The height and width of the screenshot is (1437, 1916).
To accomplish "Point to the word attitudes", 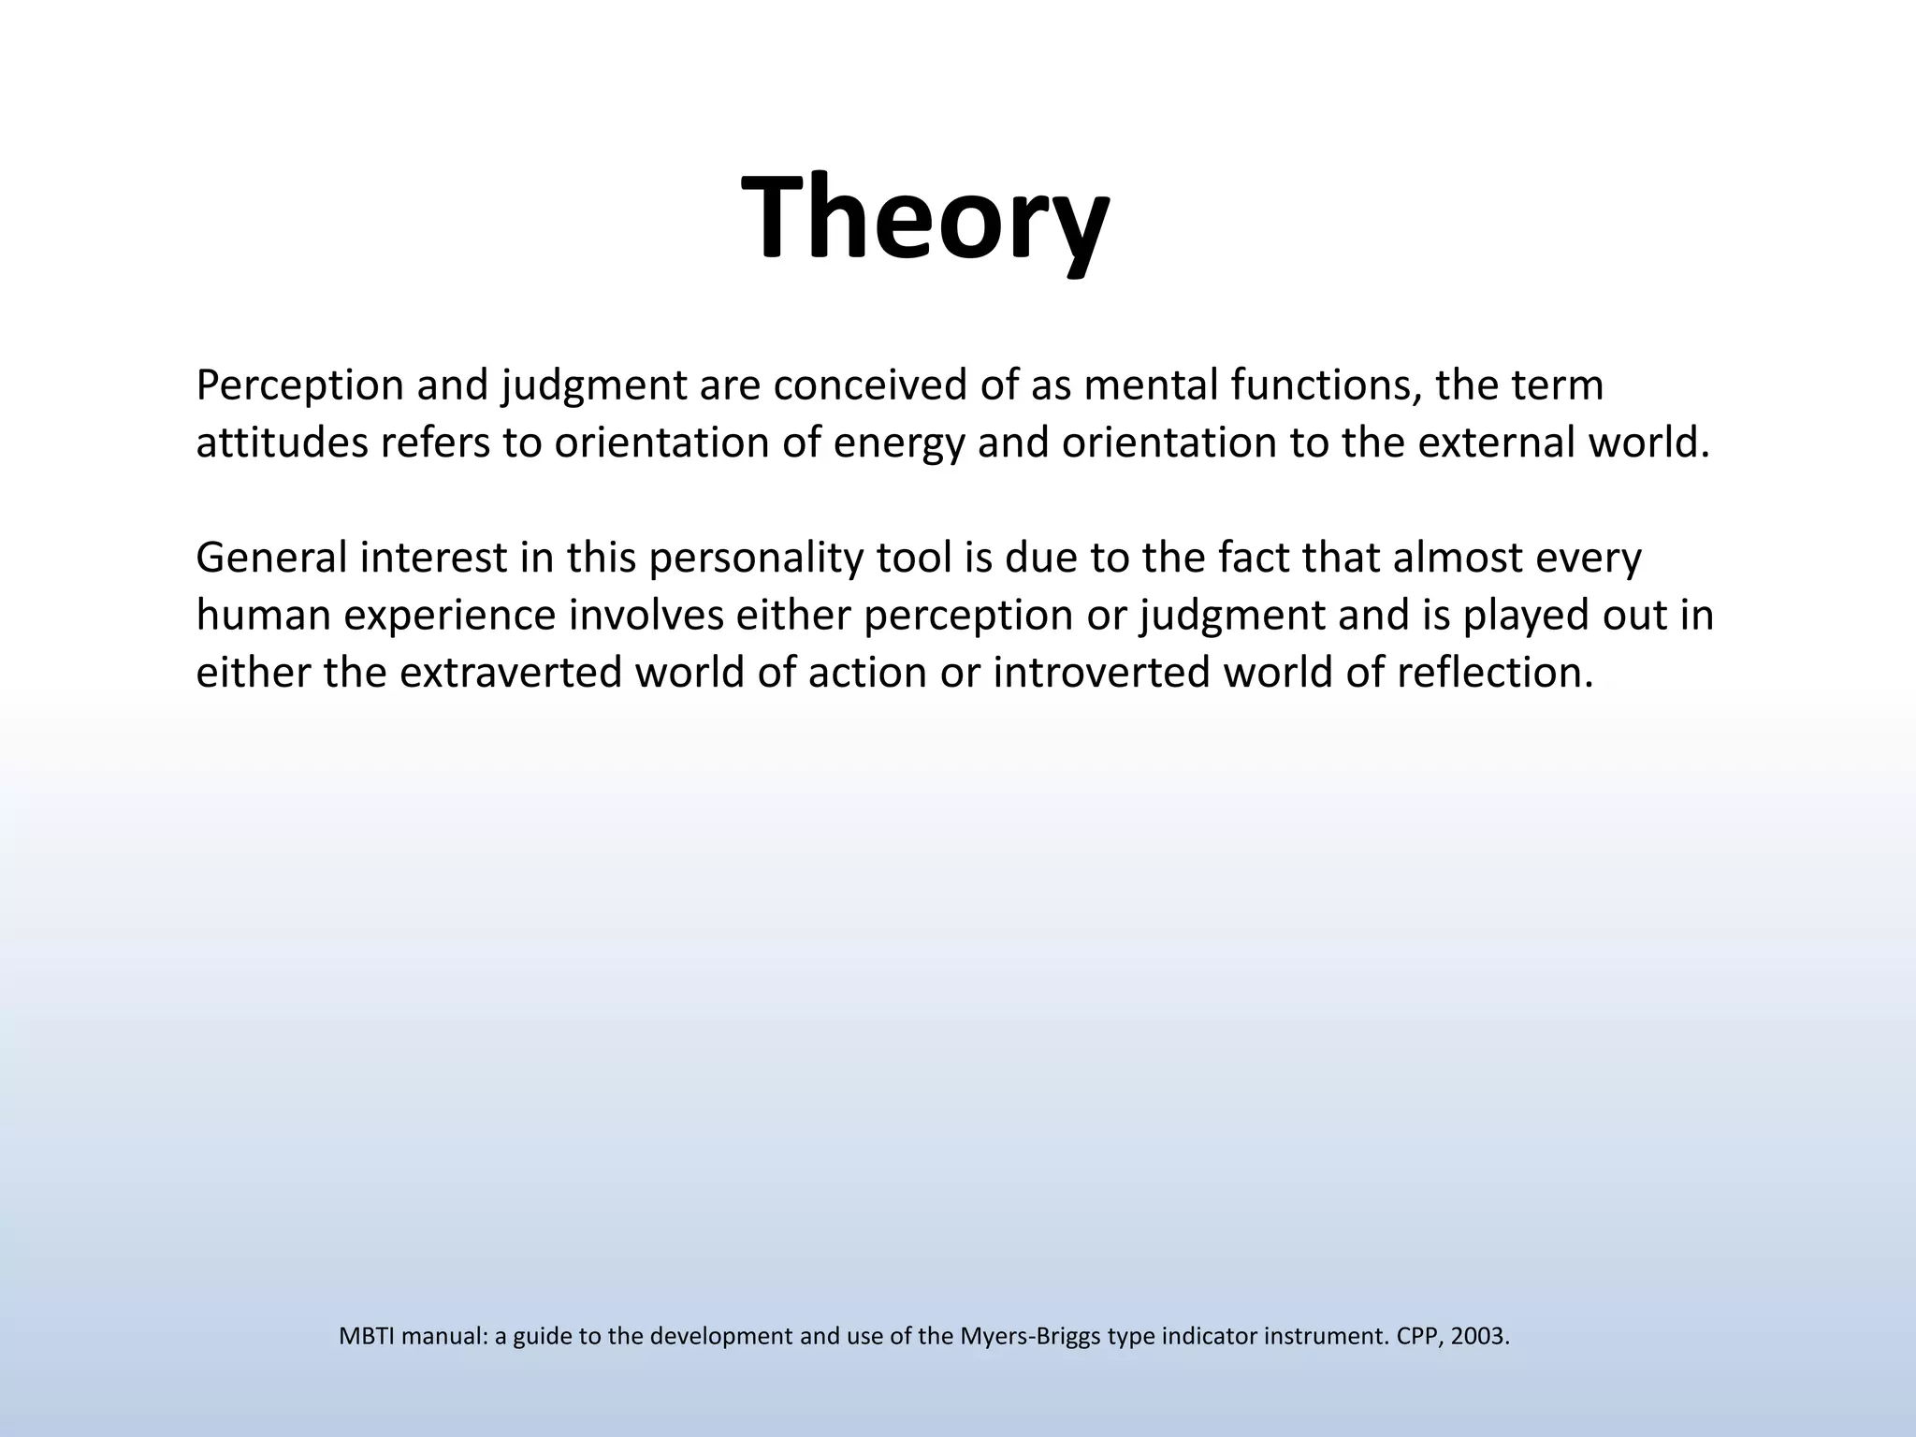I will coord(282,443).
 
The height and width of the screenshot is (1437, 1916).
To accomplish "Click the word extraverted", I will coord(510,673).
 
